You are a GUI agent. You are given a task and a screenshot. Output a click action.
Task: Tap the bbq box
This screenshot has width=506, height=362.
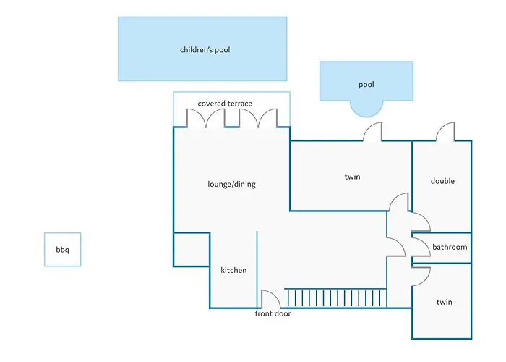pyautogui.click(x=62, y=250)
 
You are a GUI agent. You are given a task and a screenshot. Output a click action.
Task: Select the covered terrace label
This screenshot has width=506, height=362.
pyautogui.click(x=225, y=104)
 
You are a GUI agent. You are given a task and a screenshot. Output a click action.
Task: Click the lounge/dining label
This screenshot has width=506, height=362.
pyautogui.click(x=231, y=184)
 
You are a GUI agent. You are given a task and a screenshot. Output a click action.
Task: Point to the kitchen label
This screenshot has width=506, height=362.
pyautogui.click(x=233, y=270)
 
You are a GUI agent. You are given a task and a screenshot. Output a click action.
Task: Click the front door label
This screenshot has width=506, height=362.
pyautogui.click(x=273, y=314)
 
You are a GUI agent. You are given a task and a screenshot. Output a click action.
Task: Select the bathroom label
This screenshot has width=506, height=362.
pyautogui.click(x=450, y=247)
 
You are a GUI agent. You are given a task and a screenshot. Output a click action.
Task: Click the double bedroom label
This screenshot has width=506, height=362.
pyautogui.click(x=442, y=181)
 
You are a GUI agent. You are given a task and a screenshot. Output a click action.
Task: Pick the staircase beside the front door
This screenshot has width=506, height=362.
pyautogui.click(x=335, y=298)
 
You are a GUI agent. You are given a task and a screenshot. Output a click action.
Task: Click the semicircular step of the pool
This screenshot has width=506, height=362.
pyautogui.click(x=366, y=107)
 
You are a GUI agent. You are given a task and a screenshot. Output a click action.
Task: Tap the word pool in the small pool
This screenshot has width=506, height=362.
pyautogui.click(x=366, y=85)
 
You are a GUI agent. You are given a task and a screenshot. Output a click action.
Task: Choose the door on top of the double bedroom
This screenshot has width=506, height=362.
pyautogui.click(x=445, y=132)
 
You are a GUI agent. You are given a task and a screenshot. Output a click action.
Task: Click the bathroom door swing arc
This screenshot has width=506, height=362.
pyautogui.click(x=420, y=248)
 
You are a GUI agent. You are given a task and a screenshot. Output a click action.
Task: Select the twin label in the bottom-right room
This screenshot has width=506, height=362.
pyautogui.click(x=444, y=302)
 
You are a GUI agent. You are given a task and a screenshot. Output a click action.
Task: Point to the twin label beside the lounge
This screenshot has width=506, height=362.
pyautogui.click(x=352, y=177)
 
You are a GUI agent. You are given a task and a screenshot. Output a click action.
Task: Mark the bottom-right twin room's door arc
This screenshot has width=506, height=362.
pyautogui.click(x=421, y=275)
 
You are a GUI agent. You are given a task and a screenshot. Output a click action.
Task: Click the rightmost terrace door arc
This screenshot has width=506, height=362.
pyautogui.click(x=268, y=118)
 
